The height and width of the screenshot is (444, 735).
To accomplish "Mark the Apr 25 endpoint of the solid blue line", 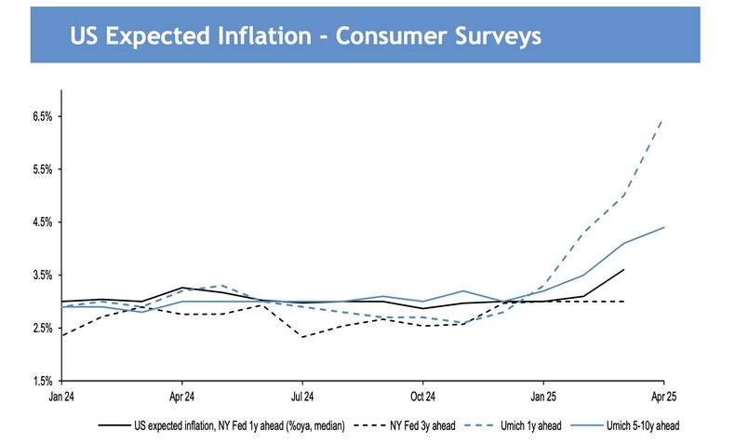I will [x=663, y=227].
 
